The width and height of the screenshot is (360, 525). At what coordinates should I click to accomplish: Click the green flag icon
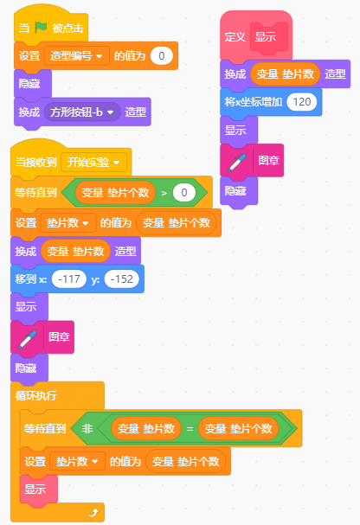pyautogui.click(x=42, y=28)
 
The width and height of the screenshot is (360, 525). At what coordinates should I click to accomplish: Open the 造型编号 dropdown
pyautogui.click(x=77, y=56)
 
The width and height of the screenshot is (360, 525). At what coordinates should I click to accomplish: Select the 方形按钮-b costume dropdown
pyautogui.click(x=82, y=112)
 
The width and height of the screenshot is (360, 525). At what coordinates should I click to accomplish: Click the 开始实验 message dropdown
pyautogui.click(x=93, y=163)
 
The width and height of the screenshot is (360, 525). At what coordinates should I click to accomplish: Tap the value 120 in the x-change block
pyautogui.click(x=302, y=102)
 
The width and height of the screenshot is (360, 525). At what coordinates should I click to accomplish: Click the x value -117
pyautogui.click(x=69, y=279)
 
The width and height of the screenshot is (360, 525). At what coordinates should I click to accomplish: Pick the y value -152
pyautogui.click(x=121, y=279)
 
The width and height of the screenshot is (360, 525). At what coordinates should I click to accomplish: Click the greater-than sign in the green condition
pyautogui.click(x=164, y=193)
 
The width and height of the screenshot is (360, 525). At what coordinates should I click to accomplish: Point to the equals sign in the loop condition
pyautogui.click(x=190, y=429)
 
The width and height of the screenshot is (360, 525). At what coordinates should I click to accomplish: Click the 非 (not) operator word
pyautogui.click(x=87, y=429)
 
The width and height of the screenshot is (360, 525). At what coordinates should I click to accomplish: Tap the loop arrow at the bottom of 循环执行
pyautogui.click(x=94, y=512)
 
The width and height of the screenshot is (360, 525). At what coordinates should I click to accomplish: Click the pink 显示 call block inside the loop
pyautogui.click(x=39, y=490)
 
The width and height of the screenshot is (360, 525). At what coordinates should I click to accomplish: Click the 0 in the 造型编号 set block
pyautogui.click(x=162, y=56)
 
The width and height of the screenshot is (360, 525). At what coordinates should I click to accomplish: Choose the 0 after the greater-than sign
pyautogui.click(x=183, y=193)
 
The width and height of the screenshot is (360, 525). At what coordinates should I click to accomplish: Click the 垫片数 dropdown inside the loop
pyautogui.click(x=77, y=462)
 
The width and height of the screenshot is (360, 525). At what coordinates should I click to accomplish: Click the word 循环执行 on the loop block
pyautogui.click(x=36, y=396)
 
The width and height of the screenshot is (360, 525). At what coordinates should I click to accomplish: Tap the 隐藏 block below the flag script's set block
pyautogui.click(x=33, y=84)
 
